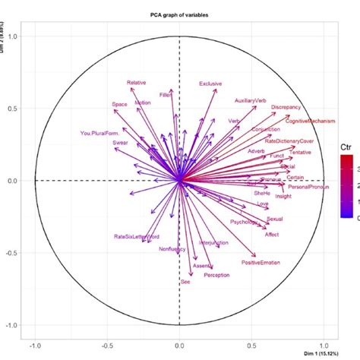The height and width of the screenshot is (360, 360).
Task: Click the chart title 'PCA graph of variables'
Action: [179, 15]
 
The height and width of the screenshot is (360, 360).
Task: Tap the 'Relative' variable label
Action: [137, 82]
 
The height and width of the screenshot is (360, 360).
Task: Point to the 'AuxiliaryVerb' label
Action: [251, 100]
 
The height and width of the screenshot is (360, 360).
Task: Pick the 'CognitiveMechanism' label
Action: [311, 121]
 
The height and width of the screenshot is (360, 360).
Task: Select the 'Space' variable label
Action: [119, 104]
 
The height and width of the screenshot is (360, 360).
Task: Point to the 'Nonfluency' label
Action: [172, 249]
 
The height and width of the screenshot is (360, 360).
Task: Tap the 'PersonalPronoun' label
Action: [309, 187]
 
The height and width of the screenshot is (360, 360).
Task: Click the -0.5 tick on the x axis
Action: [106, 342]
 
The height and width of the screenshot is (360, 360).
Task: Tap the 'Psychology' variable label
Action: [244, 222]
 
